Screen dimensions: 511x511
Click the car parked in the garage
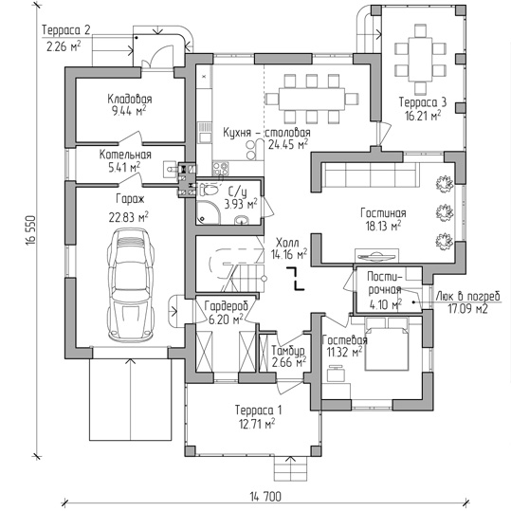(131, 284)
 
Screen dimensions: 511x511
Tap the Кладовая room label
(130, 99)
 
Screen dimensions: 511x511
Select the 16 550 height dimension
(31, 229)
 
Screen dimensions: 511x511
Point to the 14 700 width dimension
(265, 497)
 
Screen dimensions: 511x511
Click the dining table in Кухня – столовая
(312, 99)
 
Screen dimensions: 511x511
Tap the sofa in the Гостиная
(370, 174)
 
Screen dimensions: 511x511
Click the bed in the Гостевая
(387, 344)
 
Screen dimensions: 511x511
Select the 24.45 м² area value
(288, 144)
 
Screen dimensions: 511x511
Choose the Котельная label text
(125, 155)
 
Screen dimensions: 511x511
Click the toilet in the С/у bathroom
(209, 190)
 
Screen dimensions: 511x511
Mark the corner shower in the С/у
(209, 212)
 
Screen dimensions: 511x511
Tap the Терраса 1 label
(259, 410)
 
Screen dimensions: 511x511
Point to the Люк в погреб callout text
(467, 296)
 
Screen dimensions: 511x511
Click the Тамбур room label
(288, 351)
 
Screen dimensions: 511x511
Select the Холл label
(287, 243)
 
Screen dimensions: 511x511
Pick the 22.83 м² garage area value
(128, 217)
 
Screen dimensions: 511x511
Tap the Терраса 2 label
(65, 30)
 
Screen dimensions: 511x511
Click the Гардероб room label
(227, 306)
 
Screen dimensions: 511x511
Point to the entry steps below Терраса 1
(290, 468)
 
